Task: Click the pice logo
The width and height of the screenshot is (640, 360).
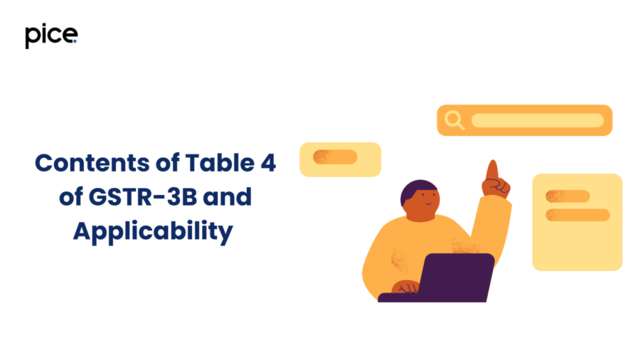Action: pos(51,36)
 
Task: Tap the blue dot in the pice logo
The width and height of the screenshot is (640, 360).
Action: pos(75,41)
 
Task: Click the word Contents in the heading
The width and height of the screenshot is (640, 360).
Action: pos(92,163)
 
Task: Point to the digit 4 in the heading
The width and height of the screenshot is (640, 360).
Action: pos(268,162)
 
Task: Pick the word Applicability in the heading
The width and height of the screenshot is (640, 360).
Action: pos(153,231)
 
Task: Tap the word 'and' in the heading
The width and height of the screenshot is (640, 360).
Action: pos(228,197)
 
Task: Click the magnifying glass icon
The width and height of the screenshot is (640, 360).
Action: pos(454,120)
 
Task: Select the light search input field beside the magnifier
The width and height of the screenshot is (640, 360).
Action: pos(538,120)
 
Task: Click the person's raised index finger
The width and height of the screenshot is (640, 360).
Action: pos(493,170)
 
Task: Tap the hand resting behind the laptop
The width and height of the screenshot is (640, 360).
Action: pos(405,287)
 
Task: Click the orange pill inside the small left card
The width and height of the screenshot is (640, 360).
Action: pos(335,157)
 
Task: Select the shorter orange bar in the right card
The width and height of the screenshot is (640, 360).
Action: pos(567,196)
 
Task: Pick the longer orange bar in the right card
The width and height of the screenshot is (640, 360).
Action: pos(577,215)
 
